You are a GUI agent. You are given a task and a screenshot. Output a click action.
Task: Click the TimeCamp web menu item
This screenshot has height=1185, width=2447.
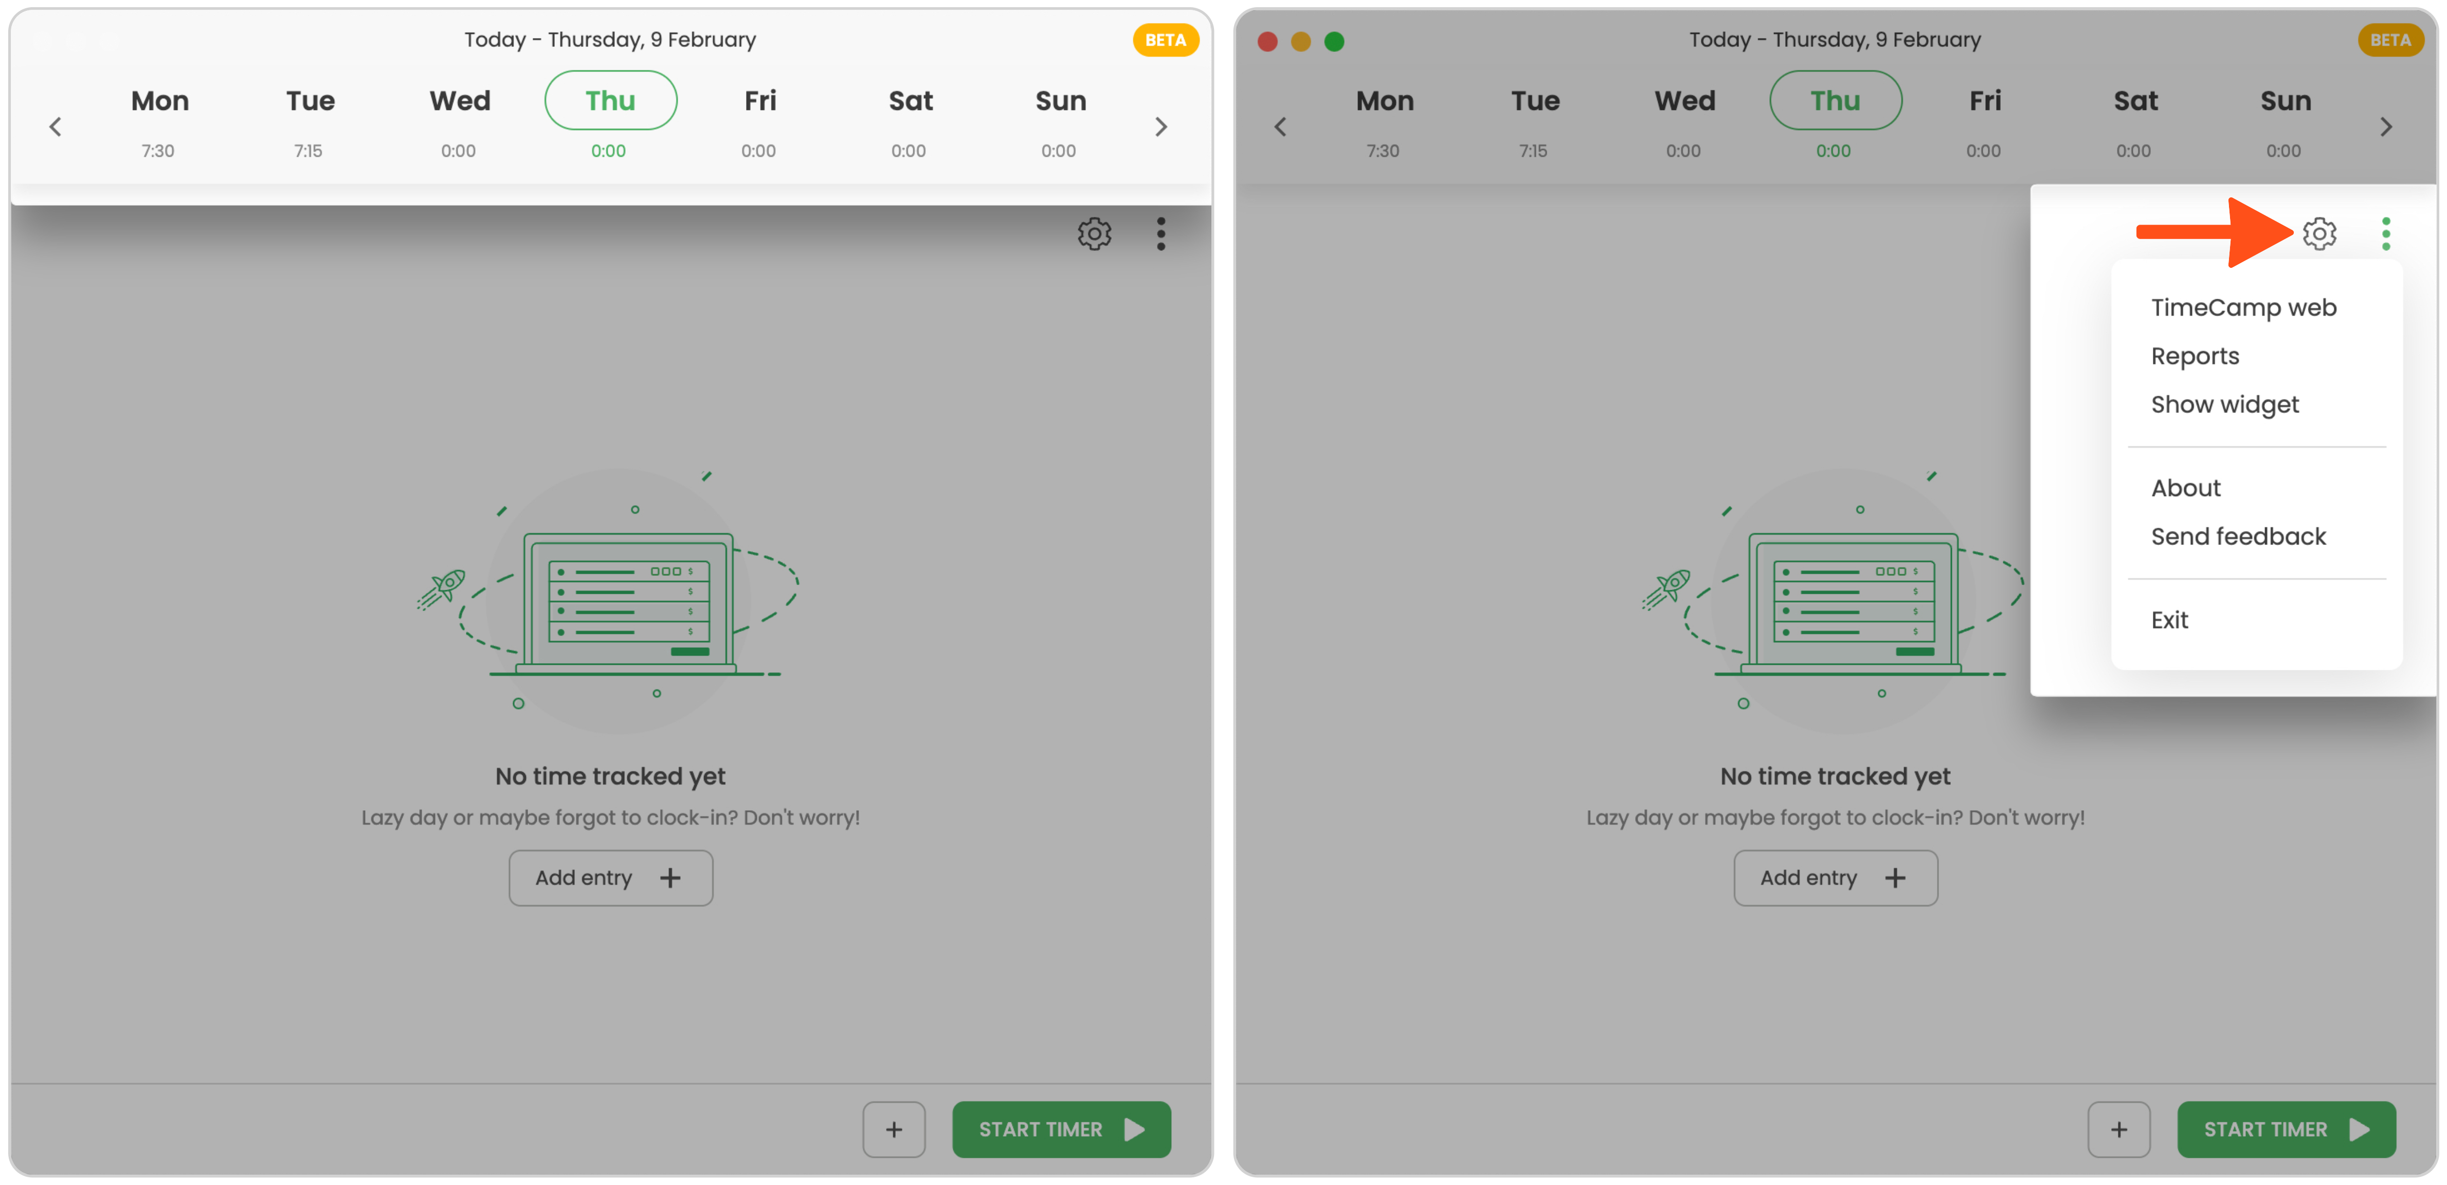pyautogui.click(x=2243, y=307)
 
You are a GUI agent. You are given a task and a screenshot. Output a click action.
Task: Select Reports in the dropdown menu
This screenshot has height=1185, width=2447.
pyautogui.click(x=2195, y=356)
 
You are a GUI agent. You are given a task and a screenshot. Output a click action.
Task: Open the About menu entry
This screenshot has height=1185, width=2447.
pyautogui.click(x=2185, y=488)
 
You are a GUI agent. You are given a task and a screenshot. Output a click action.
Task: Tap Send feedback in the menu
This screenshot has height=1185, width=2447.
pyautogui.click(x=2238, y=537)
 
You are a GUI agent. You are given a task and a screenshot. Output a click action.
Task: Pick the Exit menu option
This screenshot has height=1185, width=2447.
pyautogui.click(x=2169, y=620)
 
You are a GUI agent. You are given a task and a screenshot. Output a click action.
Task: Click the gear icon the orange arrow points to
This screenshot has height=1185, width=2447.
pyautogui.click(x=2319, y=233)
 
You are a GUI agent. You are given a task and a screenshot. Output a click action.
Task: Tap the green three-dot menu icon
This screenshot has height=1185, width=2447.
pyautogui.click(x=2385, y=233)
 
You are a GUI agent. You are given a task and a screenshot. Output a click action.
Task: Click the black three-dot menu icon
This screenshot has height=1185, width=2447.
pyautogui.click(x=1160, y=233)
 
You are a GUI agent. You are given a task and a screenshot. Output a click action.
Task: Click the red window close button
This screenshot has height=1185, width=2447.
pyautogui.click(x=1266, y=41)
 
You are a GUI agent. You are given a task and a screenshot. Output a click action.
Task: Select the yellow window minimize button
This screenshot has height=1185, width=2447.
pyautogui.click(x=1300, y=41)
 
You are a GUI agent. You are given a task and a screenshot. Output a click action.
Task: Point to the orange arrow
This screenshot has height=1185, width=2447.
pyautogui.click(x=2214, y=233)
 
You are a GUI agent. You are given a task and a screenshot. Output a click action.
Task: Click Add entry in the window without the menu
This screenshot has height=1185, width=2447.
pyautogui.click(x=610, y=878)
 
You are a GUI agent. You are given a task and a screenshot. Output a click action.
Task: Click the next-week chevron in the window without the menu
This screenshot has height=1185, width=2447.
pyautogui.click(x=1160, y=127)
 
